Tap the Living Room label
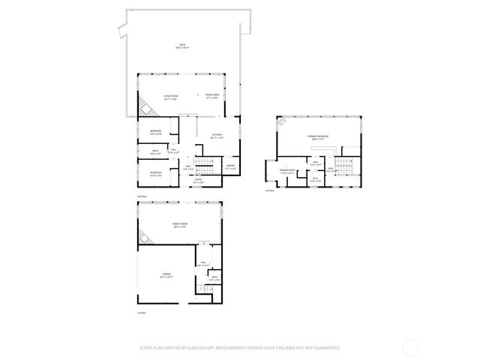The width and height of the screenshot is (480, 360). pos(170,97)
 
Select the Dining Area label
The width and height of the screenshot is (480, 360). pos(211,96)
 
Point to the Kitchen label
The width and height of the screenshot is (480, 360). pos(217,136)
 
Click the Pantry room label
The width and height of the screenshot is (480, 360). pos(231,167)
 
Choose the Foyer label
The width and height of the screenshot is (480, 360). pos(199,180)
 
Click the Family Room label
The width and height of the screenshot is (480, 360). pos(180,225)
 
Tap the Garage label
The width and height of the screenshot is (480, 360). pos(166,275)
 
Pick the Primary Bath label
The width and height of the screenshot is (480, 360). pos(287,171)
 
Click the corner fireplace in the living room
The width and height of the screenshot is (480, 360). pos(151,109)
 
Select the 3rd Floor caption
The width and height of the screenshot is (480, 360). pos(270,190)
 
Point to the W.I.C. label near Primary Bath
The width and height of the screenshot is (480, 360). pos(316,179)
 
